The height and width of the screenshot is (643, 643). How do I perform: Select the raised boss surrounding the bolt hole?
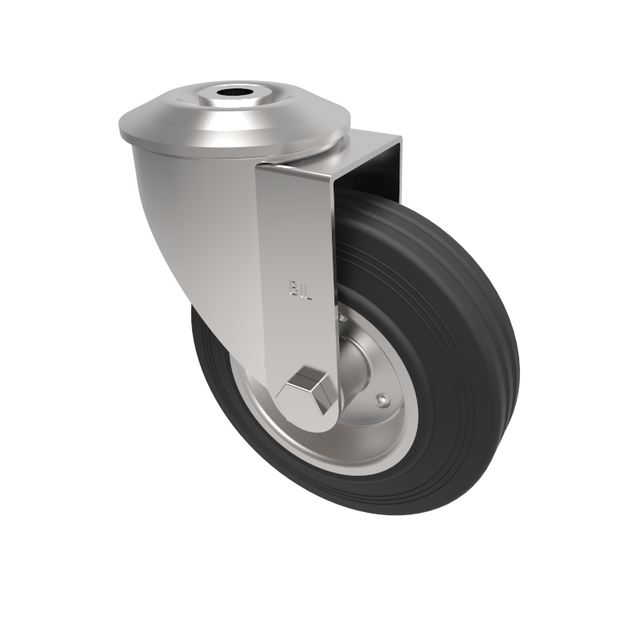pyautogui.click(x=235, y=104)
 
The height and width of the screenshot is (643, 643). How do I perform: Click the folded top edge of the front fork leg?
pyautogui.click(x=297, y=170)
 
